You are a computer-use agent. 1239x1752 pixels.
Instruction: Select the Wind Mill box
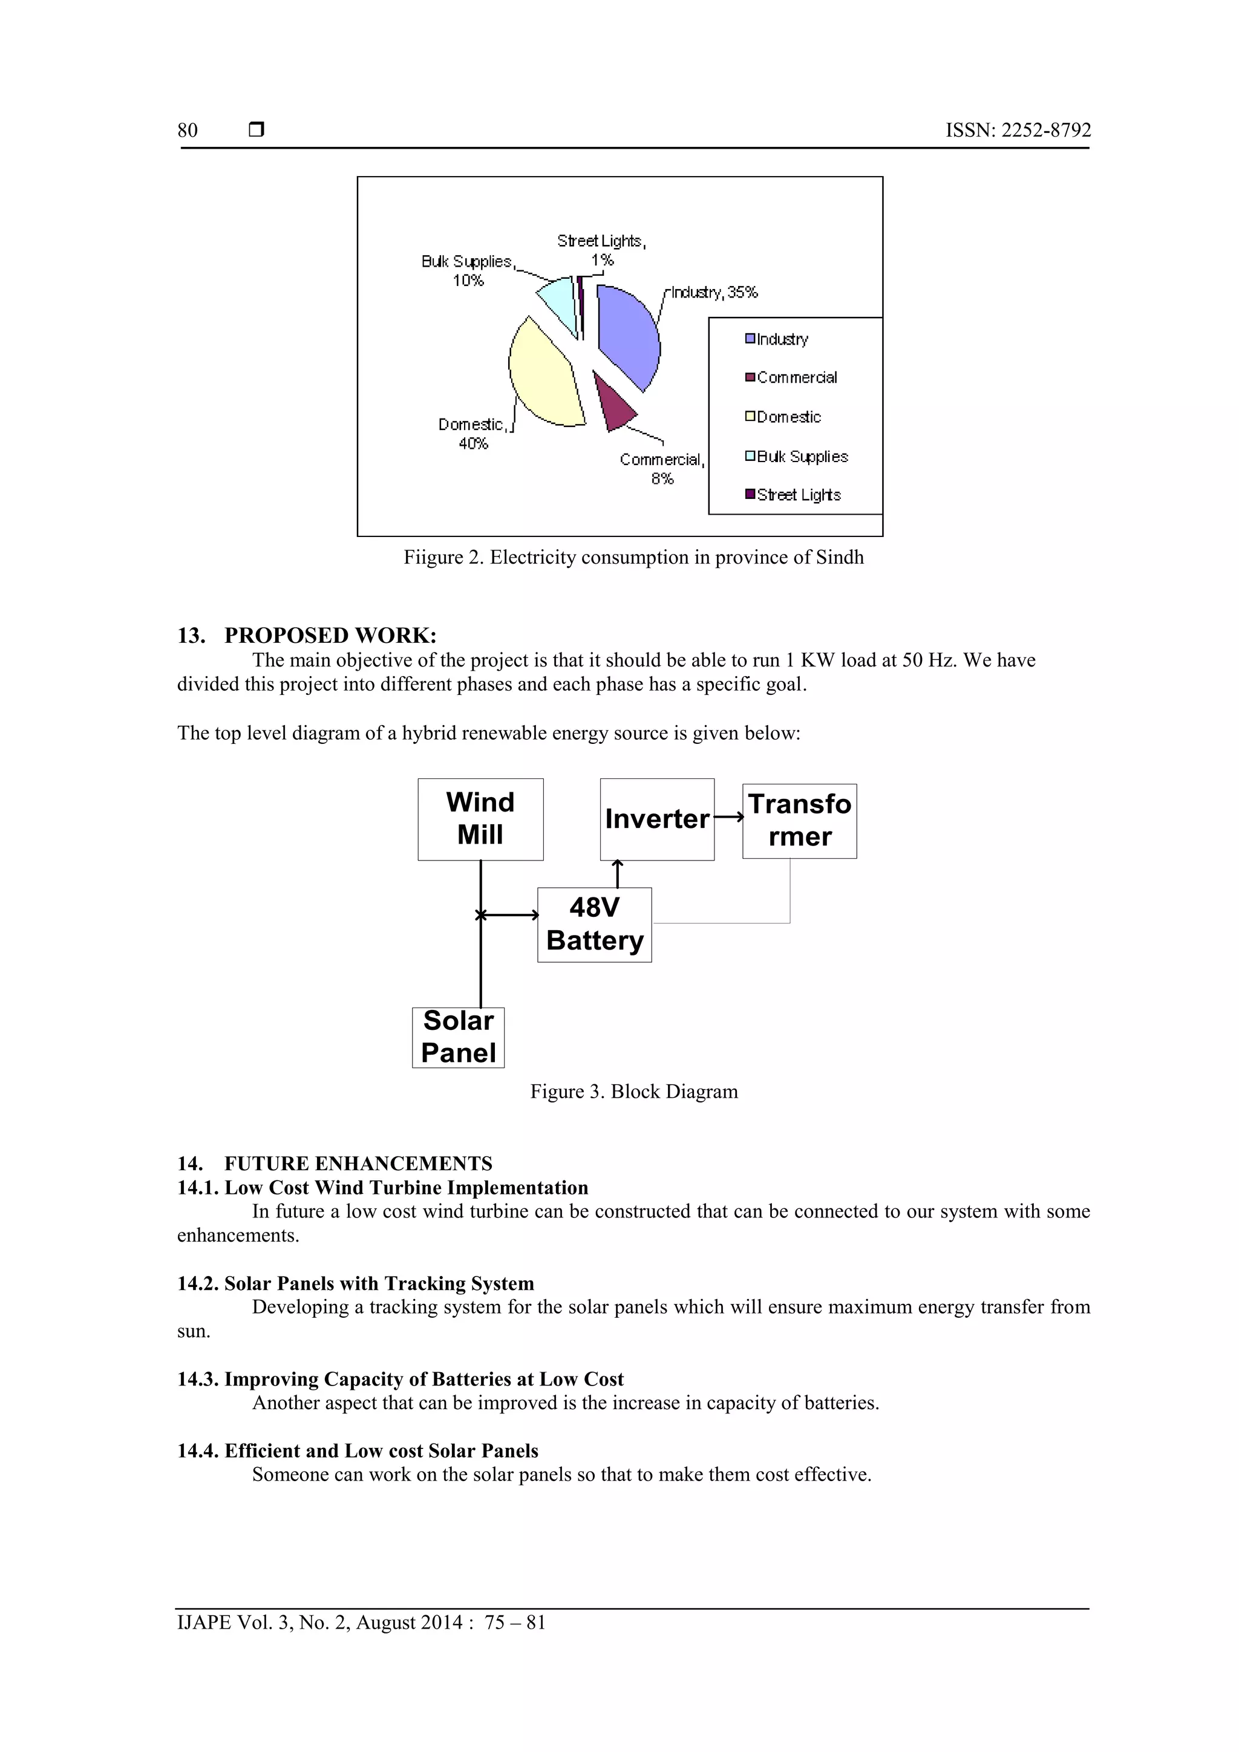click(x=480, y=819)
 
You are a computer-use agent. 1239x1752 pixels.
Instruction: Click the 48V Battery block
click(x=594, y=924)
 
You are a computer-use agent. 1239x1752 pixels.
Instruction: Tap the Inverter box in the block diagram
click(x=656, y=819)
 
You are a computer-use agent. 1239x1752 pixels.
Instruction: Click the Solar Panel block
click(x=458, y=1037)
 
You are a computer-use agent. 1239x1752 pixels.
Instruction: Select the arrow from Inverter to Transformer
click(x=729, y=817)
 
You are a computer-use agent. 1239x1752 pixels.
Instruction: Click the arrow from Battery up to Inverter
click(x=618, y=874)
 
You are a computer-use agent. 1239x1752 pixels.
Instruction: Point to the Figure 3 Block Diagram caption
click(x=633, y=1091)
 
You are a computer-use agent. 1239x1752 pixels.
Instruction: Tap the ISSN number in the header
click(x=1018, y=131)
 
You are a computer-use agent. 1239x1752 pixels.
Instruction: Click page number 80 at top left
click(x=188, y=131)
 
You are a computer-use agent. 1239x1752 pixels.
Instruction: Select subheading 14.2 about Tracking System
click(x=356, y=1283)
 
